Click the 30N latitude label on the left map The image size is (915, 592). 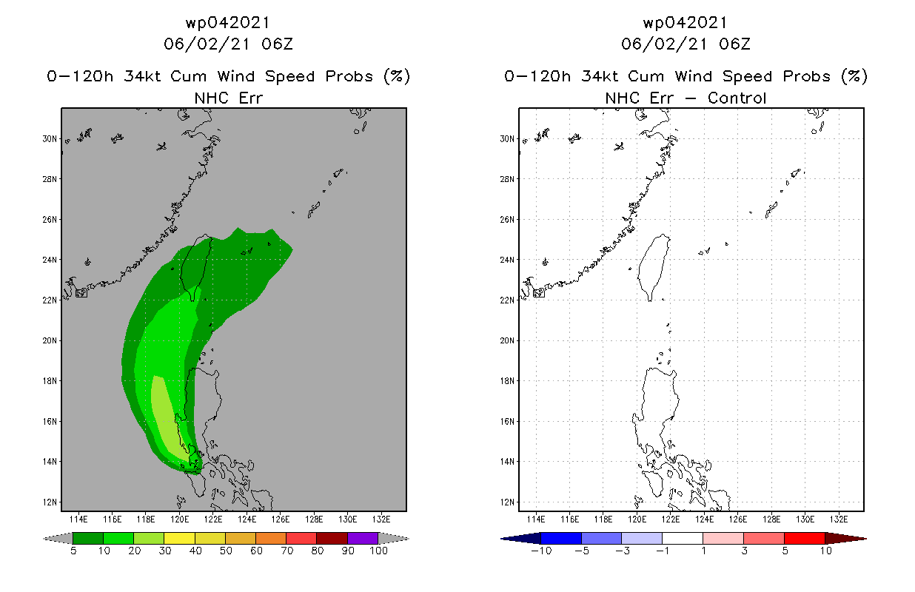coord(50,138)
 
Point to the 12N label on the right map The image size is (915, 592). coord(507,502)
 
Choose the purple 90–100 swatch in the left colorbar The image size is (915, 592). coord(363,538)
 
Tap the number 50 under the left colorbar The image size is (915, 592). coord(225,551)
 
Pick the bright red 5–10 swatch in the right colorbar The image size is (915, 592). coord(804,538)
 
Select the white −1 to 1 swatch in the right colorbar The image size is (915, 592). coord(683,538)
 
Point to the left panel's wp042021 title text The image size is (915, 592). coord(228,23)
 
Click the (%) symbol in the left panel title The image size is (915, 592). coord(396,76)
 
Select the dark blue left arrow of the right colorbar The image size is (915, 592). coord(511,538)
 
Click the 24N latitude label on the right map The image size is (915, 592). coord(507,260)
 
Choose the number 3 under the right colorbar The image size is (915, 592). coord(743,551)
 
